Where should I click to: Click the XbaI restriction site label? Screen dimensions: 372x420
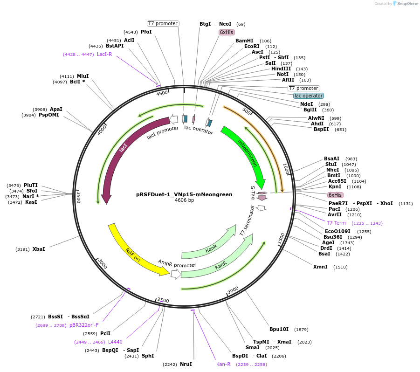coord(39,249)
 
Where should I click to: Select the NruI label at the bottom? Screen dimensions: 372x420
coord(186,364)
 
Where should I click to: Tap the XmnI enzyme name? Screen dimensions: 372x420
coord(320,267)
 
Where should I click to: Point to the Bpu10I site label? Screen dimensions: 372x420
coord(279,329)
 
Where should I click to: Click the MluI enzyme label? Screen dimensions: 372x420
coord(83,76)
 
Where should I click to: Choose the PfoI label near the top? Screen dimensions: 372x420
coord(146,32)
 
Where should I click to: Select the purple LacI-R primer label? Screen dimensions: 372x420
coord(104,54)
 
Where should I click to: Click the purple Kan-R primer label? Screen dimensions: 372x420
coord(223,364)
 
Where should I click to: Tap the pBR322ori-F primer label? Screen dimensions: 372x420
coord(84,325)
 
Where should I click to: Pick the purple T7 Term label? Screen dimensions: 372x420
coord(336,223)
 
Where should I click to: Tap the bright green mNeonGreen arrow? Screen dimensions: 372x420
coord(247,154)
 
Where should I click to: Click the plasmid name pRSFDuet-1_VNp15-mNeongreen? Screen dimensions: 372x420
coord(184,194)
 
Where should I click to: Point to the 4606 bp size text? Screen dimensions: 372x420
coord(184,200)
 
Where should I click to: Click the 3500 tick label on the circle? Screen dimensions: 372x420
coord(78,197)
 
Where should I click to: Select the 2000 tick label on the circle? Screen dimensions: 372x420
coord(233,290)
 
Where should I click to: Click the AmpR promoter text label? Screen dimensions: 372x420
coord(177,264)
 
